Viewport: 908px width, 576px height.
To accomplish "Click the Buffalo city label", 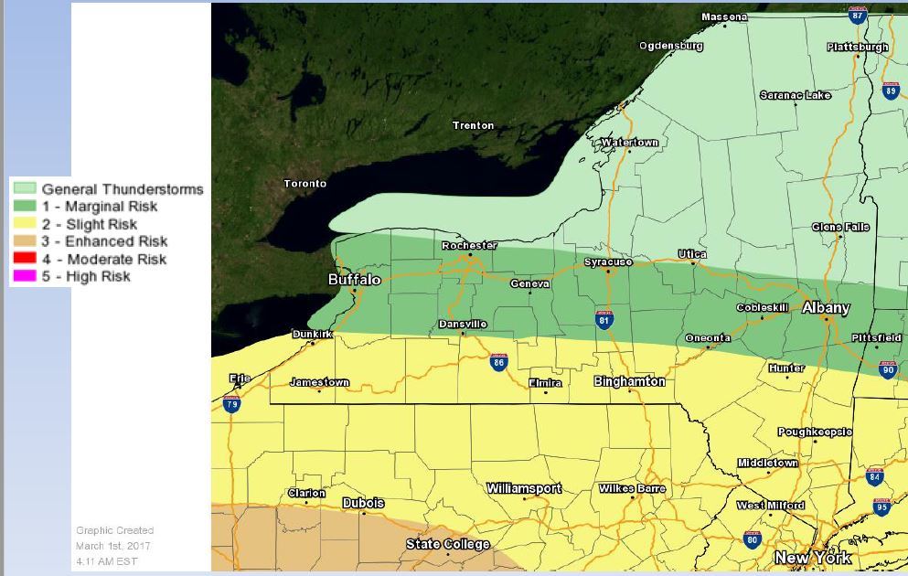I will [354, 280].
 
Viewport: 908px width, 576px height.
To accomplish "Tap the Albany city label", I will [826, 308].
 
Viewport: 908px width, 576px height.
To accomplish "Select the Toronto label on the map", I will [304, 184].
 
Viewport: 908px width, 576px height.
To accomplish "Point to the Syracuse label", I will [608, 262].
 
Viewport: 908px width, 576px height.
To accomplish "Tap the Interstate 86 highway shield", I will [498, 361].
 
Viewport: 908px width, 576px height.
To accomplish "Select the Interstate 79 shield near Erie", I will [232, 403].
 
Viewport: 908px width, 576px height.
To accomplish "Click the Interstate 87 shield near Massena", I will [857, 15].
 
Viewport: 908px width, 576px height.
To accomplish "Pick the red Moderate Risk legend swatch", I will [25, 259].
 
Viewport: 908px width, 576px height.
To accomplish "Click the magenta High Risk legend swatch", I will [25, 276].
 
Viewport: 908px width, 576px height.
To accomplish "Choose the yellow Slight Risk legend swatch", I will [25, 224].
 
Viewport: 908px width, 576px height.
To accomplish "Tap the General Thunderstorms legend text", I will [122, 189].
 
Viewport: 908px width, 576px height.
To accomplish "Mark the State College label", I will [447, 544].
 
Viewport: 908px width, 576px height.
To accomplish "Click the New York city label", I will [812, 557].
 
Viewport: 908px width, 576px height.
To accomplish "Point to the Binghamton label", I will [629, 381].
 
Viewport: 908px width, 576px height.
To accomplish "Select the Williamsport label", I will [523, 488].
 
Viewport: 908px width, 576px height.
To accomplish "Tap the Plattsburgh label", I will [857, 47].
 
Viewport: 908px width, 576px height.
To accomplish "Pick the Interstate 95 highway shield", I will [881, 506].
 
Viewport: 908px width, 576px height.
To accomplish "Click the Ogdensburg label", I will [670, 45].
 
